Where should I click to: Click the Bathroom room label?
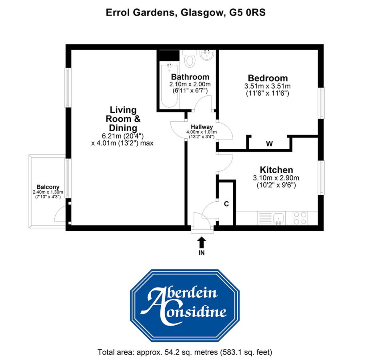pos(190,77)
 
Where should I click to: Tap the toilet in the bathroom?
pos(190,60)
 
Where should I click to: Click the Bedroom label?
pos(268,78)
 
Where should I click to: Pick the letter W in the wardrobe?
pos(270,144)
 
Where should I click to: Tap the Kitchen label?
pos(276,170)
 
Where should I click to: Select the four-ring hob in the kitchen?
pos(300,218)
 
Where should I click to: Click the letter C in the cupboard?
pos(226,204)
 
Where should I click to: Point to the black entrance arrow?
pos(202,242)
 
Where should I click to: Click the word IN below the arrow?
pos(202,253)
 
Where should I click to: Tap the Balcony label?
pos(48,187)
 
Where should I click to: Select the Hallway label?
pos(202,127)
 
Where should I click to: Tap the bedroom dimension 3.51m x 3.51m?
pos(268,86)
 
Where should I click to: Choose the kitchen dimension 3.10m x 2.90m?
pos(276,178)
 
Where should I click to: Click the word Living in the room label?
pos(123,110)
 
